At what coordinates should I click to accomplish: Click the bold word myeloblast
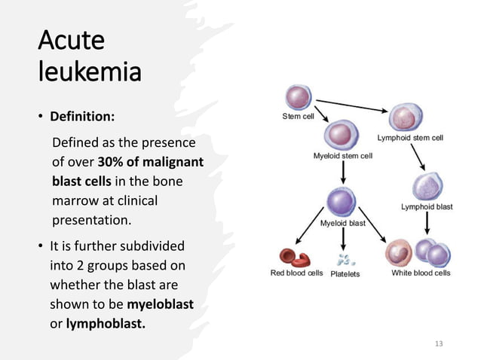[161, 304]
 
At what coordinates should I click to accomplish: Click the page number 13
[440, 343]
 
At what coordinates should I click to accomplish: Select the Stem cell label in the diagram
[298, 117]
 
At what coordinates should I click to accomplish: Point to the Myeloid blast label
[343, 224]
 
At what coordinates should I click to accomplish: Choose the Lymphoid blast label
[427, 206]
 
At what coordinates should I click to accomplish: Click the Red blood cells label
[296, 273]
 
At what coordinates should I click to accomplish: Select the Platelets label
[345, 274]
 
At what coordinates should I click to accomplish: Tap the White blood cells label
[421, 273]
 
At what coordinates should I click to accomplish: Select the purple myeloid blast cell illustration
[343, 202]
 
